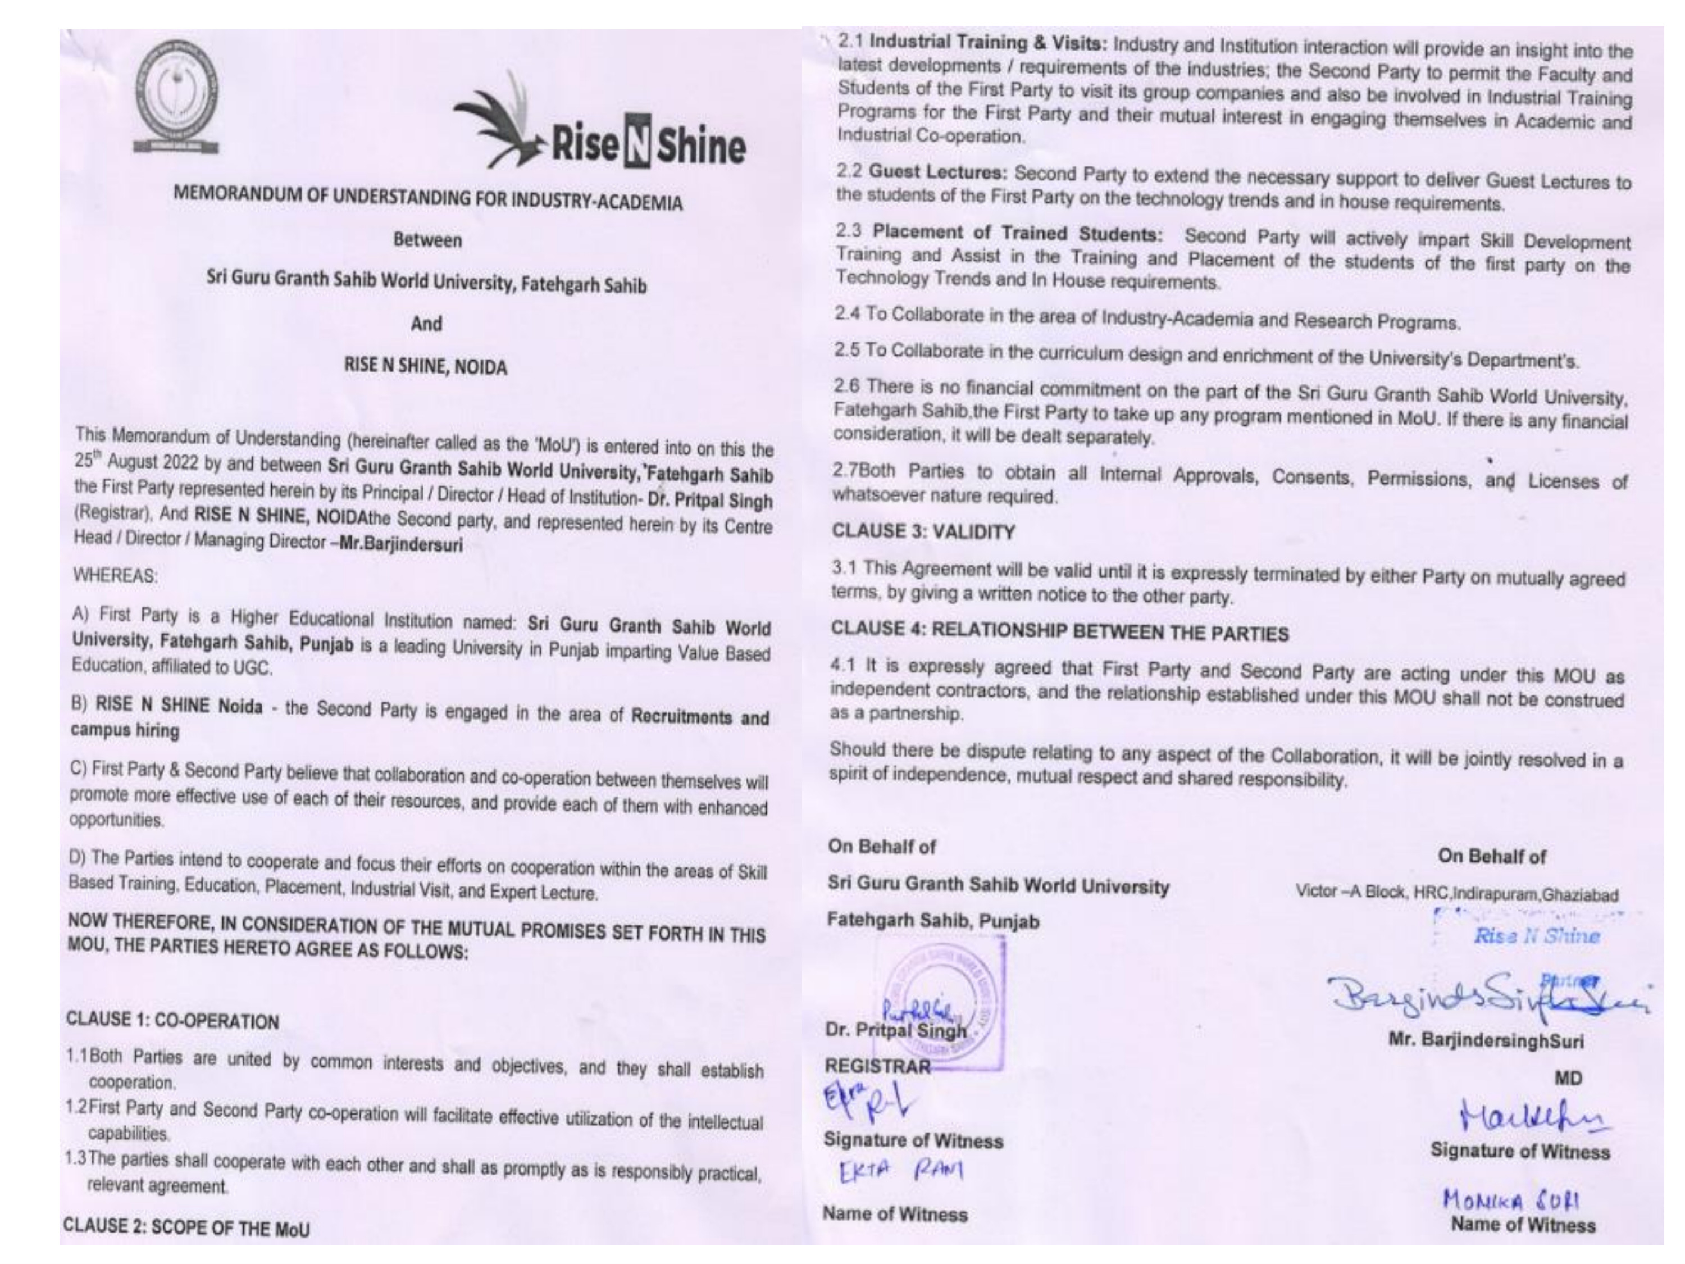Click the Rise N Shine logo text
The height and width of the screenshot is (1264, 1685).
(x=648, y=146)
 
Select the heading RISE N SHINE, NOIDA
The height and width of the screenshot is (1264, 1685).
(x=426, y=366)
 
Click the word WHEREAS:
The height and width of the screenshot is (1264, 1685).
(x=116, y=576)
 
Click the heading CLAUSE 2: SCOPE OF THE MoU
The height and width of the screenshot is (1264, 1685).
(x=186, y=1227)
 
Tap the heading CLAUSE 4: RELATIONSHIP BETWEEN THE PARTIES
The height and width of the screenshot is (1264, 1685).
(x=1059, y=631)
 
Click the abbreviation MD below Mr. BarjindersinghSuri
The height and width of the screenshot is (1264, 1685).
(x=1568, y=1078)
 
